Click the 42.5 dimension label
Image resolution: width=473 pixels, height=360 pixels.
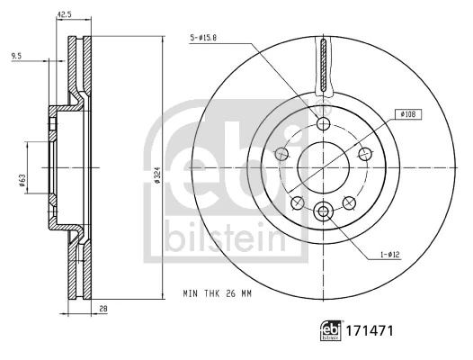65,14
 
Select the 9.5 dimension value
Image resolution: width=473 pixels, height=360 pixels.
16,57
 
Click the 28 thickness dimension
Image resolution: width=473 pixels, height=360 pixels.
103,310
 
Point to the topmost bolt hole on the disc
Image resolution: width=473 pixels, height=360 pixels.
323,122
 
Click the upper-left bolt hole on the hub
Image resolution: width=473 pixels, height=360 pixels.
282,154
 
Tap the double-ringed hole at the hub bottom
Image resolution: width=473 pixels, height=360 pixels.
323,211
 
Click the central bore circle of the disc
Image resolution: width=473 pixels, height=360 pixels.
323,166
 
